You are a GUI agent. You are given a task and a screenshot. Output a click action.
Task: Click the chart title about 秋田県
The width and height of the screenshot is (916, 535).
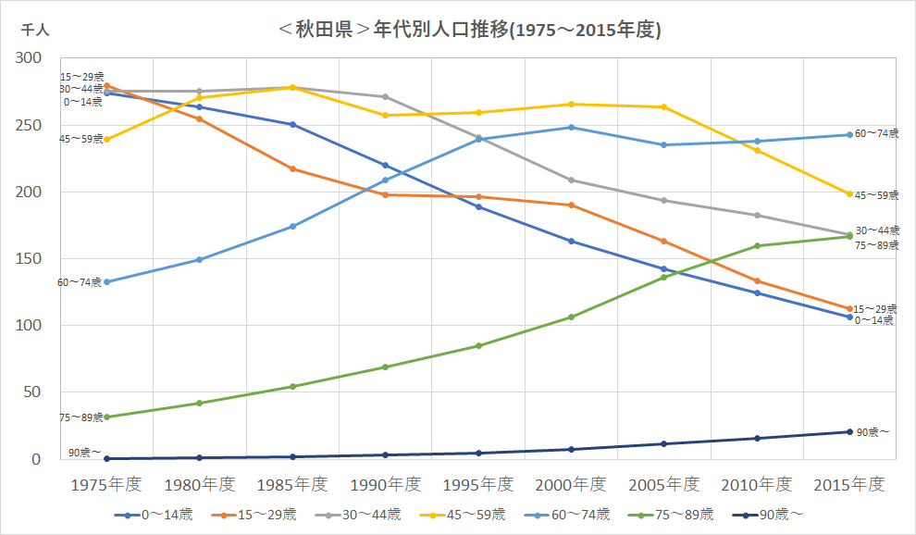pos(470,30)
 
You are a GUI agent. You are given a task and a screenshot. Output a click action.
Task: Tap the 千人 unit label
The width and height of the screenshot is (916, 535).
pos(35,30)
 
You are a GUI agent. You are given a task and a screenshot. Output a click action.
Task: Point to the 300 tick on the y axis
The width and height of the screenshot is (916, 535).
pos(29,58)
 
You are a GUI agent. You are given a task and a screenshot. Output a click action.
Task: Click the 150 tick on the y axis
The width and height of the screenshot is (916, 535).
pos(29,258)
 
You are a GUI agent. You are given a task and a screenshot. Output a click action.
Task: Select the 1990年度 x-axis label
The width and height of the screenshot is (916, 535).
pos(386,484)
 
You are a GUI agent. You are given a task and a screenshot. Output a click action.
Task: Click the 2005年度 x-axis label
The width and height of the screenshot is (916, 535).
pos(664,484)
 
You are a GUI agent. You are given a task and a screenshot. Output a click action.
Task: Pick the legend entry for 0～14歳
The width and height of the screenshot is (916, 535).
pos(154,515)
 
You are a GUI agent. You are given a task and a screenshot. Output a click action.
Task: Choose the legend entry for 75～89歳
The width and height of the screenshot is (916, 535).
pos(671,515)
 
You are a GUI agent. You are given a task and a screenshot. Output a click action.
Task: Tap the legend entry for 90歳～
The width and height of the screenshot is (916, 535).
pos(768,515)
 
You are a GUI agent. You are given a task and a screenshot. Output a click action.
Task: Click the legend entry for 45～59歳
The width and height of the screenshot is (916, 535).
pos(463,515)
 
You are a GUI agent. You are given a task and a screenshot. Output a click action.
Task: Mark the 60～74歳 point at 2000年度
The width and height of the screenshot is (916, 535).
pos(571,128)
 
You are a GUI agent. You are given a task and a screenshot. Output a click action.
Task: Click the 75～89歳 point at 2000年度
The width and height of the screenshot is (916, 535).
pos(571,317)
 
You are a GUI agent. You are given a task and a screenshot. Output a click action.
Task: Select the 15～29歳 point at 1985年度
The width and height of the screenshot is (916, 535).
pos(292,169)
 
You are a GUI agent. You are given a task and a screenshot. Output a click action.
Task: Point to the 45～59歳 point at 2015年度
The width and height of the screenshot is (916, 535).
pos(850,194)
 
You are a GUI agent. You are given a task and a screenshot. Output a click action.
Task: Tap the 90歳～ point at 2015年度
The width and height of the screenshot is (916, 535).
pos(850,432)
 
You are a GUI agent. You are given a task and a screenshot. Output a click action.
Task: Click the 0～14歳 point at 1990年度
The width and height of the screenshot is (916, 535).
pos(386,166)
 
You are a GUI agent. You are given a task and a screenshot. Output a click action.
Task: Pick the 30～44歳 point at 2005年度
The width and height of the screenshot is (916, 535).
pos(664,201)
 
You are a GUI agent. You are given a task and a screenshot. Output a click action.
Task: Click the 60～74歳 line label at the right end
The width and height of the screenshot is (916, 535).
pos(877,133)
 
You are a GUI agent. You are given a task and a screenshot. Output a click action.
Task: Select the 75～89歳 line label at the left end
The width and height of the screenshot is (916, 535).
pos(81,417)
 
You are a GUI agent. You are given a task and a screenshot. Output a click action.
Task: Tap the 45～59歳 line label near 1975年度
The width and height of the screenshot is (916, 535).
pos(81,139)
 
